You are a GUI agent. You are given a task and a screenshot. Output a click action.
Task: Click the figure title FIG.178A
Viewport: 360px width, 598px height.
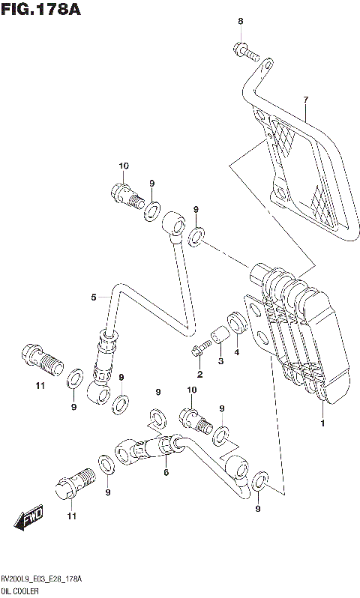(40, 10)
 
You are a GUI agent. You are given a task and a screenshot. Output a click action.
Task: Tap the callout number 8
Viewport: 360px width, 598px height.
(241, 22)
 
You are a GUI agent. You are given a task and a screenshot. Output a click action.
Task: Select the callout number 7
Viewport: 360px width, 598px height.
(305, 100)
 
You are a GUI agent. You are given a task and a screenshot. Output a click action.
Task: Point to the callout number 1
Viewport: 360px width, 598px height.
(323, 423)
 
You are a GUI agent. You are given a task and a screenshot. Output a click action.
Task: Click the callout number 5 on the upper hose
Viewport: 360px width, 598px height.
(94, 298)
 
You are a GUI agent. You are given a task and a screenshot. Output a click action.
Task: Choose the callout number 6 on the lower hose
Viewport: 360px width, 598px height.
(166, 472)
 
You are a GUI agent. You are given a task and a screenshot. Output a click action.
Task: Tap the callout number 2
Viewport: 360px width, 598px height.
(200, 374)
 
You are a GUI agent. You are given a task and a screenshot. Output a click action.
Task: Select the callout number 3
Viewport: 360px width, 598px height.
(220, 362)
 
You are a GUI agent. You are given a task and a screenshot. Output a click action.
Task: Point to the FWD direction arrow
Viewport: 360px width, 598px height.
(31, 516)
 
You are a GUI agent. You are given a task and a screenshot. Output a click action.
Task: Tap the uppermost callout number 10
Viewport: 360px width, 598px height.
(124, 166)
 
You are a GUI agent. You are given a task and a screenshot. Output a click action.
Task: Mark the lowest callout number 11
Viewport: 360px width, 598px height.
(71, 516)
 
